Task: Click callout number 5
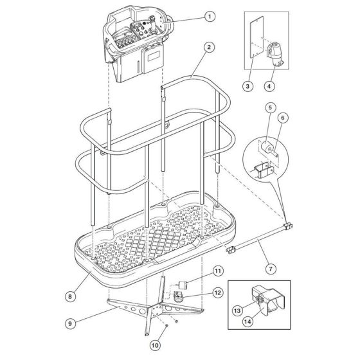click(270, 107)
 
